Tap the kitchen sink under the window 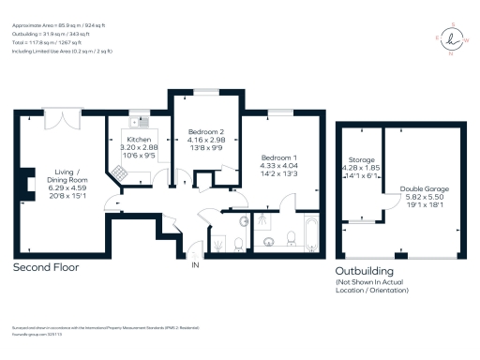(141, 121)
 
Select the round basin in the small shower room (242, 221)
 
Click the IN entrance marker (196, 266)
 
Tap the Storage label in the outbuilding (361, 160)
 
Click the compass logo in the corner (453, 39)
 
